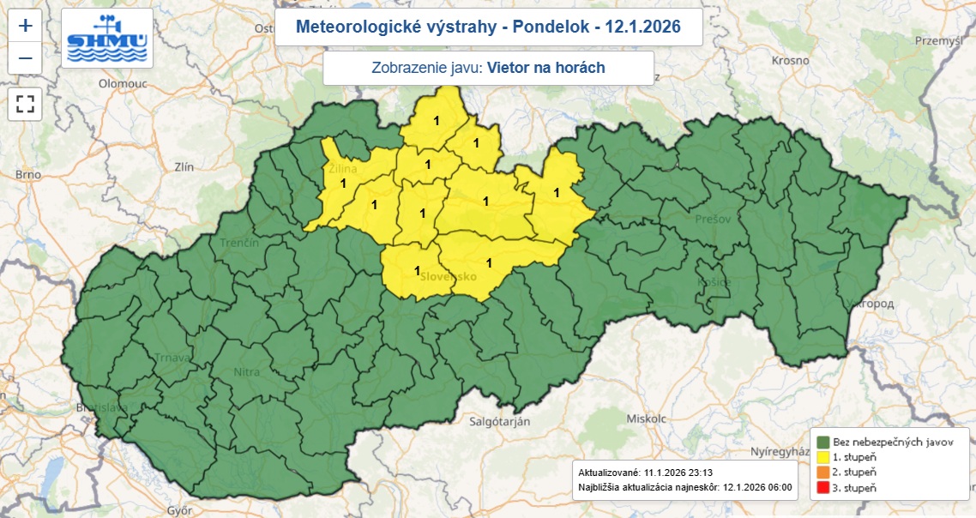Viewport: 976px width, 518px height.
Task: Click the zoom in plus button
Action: (x=26, y=26)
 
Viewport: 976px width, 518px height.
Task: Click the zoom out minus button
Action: (x=26, y=58)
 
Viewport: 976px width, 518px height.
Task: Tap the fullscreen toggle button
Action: (x=26, y=105)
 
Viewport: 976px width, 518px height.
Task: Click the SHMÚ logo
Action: (x=107, y=39)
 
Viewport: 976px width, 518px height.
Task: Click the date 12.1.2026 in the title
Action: (x=642, y=27)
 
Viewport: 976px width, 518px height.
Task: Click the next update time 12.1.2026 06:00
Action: (x=757, y=489)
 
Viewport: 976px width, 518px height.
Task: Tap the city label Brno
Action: (x=27, y=175)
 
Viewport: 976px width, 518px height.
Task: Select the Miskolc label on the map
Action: (x=624, y=419)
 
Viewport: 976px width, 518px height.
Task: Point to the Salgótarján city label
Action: (x=500, y=421)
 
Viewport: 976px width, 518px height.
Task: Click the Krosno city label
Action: (x=790, y=60)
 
